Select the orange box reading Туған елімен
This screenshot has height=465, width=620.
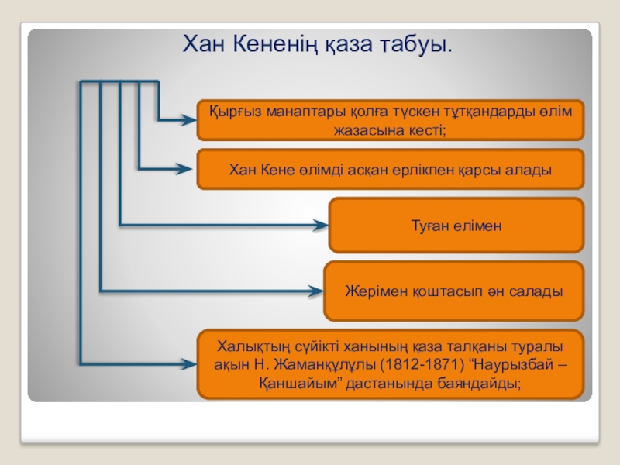click(456, 225)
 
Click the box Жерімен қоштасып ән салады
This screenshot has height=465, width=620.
click(453, 291)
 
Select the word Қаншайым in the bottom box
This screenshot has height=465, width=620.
click(292, 382)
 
